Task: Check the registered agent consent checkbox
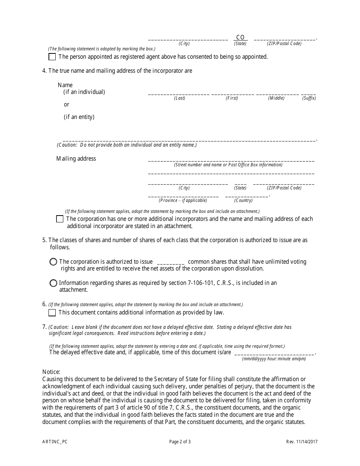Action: pos(52,57)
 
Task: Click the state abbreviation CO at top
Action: pos(240,37)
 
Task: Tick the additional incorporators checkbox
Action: pos(59,219)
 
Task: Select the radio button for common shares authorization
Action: pos(53,262)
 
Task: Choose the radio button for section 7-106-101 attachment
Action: pos(53,283)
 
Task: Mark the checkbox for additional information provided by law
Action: pos(52,313)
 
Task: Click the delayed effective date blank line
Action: pos(274,353)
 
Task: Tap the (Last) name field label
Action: pos(180,98)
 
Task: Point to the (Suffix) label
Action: pos(309,98)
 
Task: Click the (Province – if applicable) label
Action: pos(183,200)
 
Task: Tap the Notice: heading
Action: pos(51,372)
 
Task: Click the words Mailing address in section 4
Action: pos(76,159)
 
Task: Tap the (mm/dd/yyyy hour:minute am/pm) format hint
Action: pos(274,359)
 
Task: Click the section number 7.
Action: pos(44,327)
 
